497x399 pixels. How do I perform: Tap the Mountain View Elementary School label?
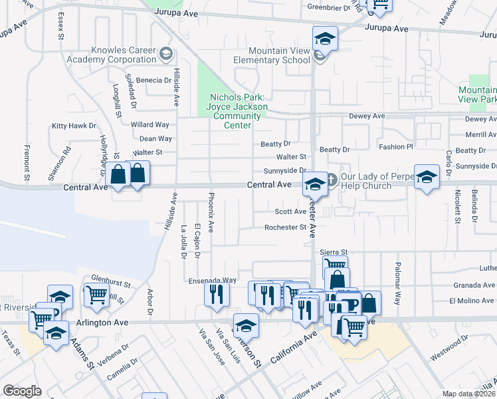[x=279, y=55]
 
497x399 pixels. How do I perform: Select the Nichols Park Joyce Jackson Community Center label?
[x=237, y=111]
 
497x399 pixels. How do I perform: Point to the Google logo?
[x=22, y=391]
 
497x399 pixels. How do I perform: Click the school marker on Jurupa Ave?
[x=326, y=39]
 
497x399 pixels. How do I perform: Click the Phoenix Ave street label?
[x=211, y=212]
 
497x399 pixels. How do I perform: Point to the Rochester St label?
[x=285, y=227]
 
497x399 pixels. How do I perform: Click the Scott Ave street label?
[x=290, y=211]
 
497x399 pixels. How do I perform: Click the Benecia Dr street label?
[x=154, y=80]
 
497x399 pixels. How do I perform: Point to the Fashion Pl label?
[x=395, y=146]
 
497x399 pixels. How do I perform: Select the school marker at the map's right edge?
[x=427, y=178]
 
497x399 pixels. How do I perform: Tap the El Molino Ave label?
[x=471, y=301]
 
